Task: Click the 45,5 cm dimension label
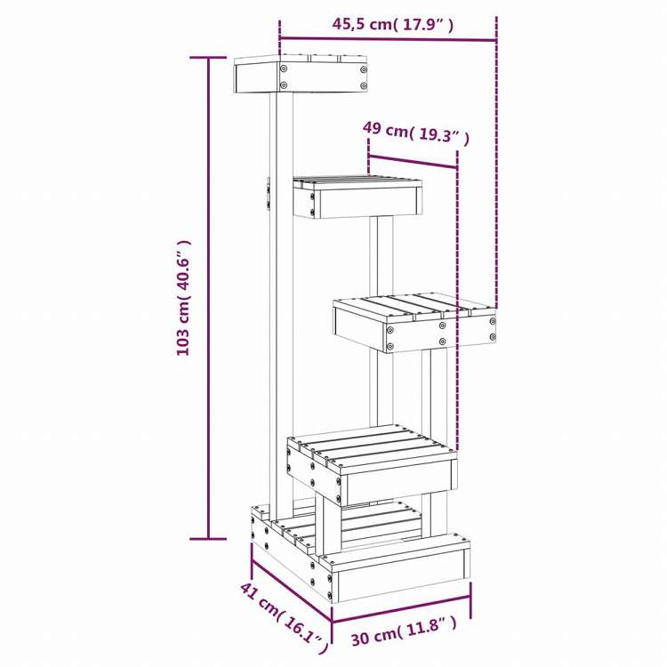(393, 25)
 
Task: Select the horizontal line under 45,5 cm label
(388, 39)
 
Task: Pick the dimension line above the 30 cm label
(402, 614)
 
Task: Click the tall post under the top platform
(281, 293)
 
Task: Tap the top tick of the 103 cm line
(210, 57)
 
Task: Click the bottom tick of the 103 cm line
(210, 538)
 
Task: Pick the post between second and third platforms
(382, 258)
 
